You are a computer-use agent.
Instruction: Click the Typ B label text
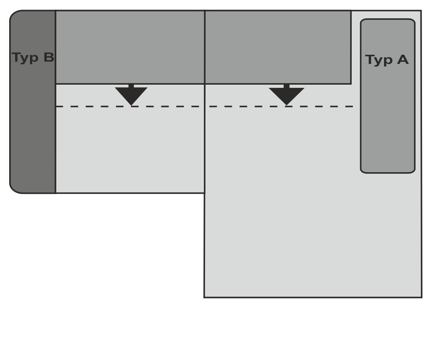pyautogui.click(x=33, y=58)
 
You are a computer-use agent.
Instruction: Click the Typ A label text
pyautogui.click(x=387, y=60)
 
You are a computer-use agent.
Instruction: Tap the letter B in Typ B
pyautogui.click(x=49, y=57)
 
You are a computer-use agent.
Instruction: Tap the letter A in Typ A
pyautogui.click(x=402, y=60)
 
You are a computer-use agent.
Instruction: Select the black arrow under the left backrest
pyautogui.click(x=131, y=94)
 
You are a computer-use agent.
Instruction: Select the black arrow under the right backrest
pyautogui.click(x=287, y=94)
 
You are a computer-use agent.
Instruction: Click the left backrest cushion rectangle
pyautogui.click(x=130, y=47)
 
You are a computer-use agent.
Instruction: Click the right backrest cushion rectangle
pyautogui.click(x=278, y=47)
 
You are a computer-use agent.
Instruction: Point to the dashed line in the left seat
pyautogui.click(x=130, y=106)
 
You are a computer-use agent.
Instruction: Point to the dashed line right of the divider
pyautogui.click(x=279, y=106)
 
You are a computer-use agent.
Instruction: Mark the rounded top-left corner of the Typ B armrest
pyautogui.click(x=13, y=14)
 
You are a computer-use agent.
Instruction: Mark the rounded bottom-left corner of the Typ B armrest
pyautogui.click(x=13, y=190)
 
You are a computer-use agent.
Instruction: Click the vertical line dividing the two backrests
pyautogui.click(x=205, y=47)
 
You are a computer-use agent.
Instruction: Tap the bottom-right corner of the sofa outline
pyautogui.click(x=422, y=297)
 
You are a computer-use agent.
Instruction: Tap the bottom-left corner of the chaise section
pyautogui.click(x=205, y=297)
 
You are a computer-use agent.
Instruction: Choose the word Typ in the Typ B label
pyautogui.click(x=25, y=58)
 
